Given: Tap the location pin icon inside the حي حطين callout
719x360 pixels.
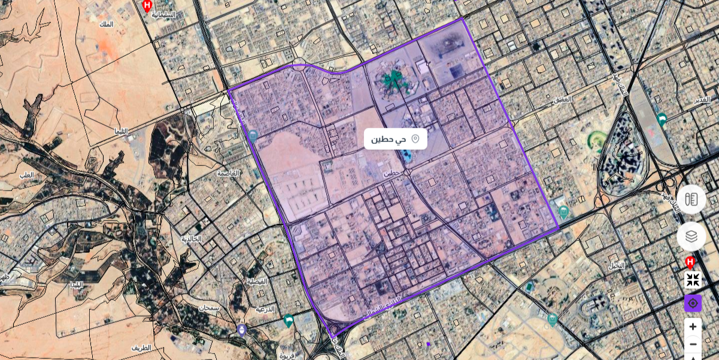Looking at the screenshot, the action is [415, 139].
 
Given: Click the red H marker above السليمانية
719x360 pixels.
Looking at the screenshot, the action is [147, 5].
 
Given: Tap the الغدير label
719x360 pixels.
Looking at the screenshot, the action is [702, 99].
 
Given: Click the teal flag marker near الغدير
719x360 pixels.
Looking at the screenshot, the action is [662, 119].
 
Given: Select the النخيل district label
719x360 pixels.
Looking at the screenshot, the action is [617, 265].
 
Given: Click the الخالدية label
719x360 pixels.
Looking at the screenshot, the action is [192, 238].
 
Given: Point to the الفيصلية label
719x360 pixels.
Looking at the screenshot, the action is [257, 280].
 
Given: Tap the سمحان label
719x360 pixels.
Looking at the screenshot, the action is [209, 307].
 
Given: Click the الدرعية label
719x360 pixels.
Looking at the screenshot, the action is [265, 309].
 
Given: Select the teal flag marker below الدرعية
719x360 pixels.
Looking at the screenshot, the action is [289, 320].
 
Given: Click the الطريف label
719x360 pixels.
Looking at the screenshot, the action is [141, 347].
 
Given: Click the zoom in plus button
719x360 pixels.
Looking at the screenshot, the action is [693, 326].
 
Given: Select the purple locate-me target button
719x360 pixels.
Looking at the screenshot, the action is [693, 303].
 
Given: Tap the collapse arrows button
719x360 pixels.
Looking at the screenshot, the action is [693, 280].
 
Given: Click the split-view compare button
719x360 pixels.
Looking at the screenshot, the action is [691, 199].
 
